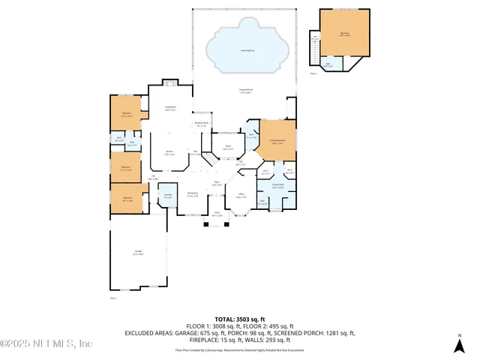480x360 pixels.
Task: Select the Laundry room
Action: coord(167,196)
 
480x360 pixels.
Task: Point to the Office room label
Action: coord(241,197)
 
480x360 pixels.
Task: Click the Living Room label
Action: coord(170,109)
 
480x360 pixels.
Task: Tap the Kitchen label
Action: coord(170,152)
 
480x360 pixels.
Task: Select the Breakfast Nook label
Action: coord(201,124)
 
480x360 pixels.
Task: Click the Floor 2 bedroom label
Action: coord(344,33)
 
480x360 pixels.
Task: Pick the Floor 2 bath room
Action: coord(328,64)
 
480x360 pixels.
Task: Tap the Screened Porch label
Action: coord(245,92)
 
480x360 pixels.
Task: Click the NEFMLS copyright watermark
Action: coord(46,343)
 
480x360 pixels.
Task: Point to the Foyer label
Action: coord(216,183)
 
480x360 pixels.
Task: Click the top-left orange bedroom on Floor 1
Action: coord(127,115)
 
